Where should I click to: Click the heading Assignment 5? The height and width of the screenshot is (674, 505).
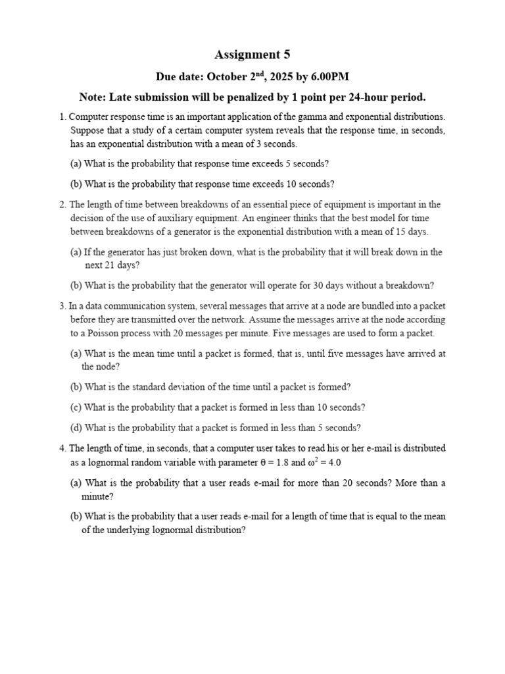[x=252, y=55]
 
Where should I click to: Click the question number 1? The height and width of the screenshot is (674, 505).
[x=62, y=117]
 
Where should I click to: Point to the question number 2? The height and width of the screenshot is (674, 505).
[x=62, y=205]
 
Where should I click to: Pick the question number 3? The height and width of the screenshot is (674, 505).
[x=62, y=306]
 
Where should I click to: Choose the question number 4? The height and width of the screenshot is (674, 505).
[x=62, y=448]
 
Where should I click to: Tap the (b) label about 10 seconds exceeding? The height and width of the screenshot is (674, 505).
[x=76, y=184]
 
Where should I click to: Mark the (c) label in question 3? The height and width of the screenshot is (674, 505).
[x=76, y=407]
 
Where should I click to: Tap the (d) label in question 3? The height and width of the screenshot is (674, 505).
[x=76, y=428]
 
